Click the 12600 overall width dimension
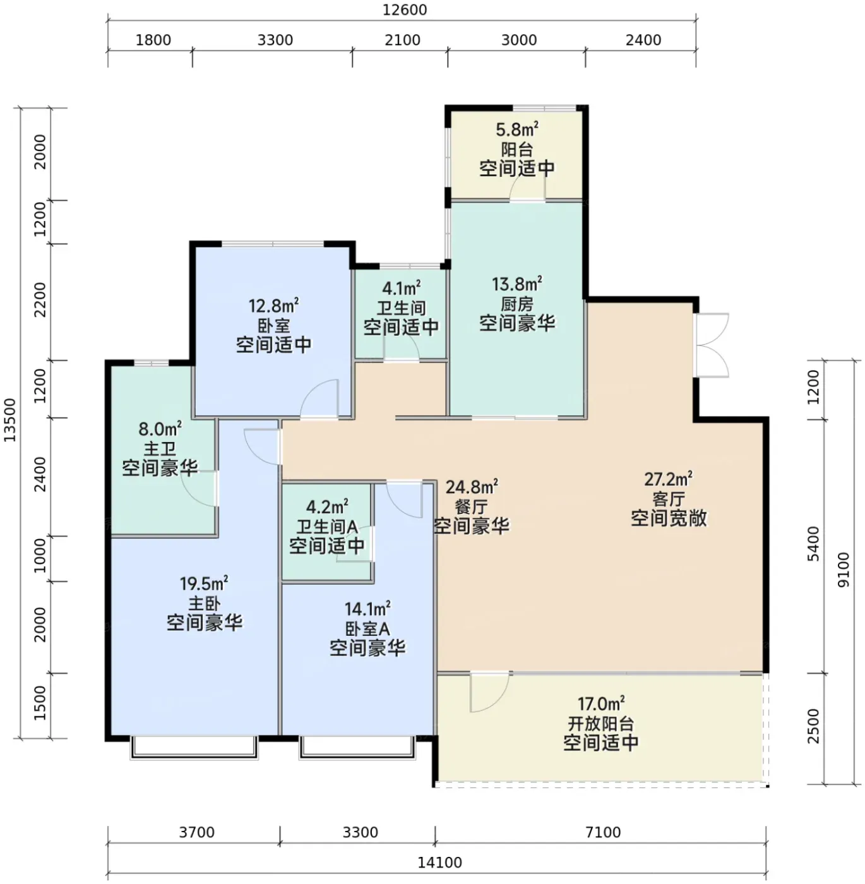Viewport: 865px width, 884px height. tap(404, 10)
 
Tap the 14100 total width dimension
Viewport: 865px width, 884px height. tap(439, 862)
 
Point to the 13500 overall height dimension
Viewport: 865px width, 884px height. tap(9, 420)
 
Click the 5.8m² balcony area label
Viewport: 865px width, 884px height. tap(517, 129)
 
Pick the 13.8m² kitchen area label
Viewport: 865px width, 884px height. tap(517, 284)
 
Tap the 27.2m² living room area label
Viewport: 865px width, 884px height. tap(668, 479)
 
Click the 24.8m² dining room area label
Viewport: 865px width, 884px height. tap(472, 487)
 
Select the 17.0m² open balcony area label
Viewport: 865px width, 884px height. tap(600, 703)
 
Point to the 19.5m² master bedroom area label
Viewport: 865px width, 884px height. tap(204, 583)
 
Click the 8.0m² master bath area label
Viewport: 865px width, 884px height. tap(160, 429)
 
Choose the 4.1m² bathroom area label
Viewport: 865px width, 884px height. tap(401, 288)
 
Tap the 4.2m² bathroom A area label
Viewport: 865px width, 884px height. tap(327, 506)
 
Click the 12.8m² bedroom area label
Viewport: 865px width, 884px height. tap(273, 306)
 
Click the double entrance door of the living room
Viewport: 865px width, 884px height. tap(712, 345)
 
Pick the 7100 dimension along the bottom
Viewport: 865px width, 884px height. tap(603, 832)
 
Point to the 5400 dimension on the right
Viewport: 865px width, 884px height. tap(814, 544)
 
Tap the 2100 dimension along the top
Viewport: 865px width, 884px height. tap(403, 40)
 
